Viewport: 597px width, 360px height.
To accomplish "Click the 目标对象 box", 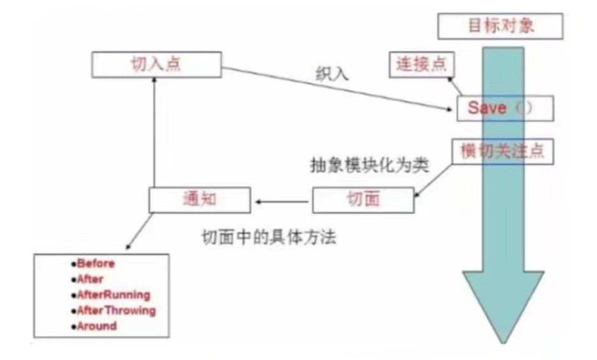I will tap(501, 27).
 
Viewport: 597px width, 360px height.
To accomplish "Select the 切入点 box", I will tap(157, 65).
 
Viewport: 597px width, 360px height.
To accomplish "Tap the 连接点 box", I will tap(421, 64).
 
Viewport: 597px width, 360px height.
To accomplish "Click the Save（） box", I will tap(505, 108).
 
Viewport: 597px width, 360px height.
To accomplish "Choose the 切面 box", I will tap(363, 200).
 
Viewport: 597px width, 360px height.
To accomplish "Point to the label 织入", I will tap(332, 73).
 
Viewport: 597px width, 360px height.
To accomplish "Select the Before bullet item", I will tap(96, 263).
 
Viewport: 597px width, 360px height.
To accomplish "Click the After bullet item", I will tap(90, 279).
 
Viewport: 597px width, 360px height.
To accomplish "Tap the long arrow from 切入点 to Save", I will tap(338, 89).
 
